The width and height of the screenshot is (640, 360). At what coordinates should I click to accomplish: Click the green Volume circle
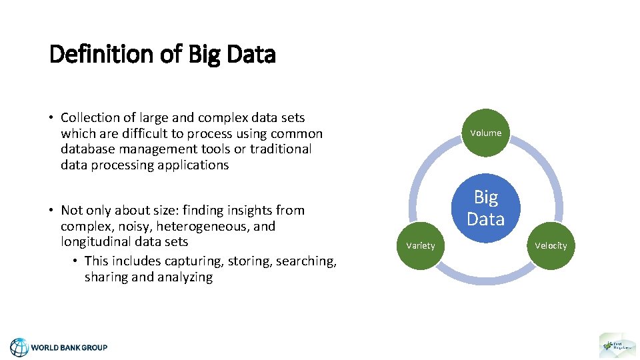click(485, 133)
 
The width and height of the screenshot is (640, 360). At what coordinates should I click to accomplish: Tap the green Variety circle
click(420, 245)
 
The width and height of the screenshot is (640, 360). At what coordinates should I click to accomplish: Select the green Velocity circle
click(551, 245)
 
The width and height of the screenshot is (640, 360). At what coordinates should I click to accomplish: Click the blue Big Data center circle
click(485, 208)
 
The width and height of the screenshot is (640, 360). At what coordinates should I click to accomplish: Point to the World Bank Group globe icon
click(19, 347)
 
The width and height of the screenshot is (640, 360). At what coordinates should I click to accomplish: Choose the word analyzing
click(181, 277)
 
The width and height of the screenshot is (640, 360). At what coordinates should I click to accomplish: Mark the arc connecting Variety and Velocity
click(485, 279)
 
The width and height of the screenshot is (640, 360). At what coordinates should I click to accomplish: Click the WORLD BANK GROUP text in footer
click(69, 347)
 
